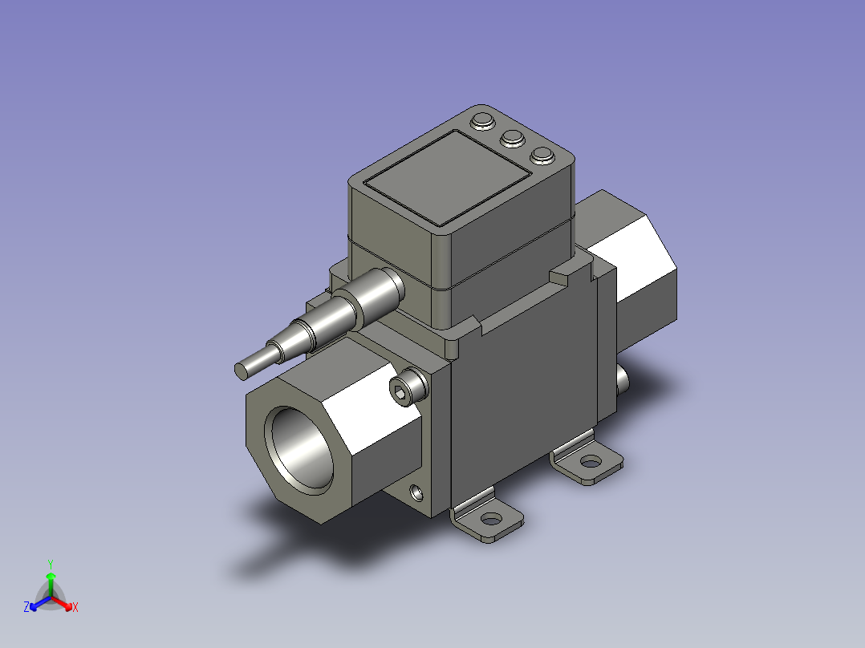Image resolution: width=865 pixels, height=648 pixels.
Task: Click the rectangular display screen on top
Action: tap(448, 177)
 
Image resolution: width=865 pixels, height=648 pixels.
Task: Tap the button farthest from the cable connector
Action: tap(542, 156)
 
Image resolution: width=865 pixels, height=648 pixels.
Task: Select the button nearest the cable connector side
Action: tap(483, 121)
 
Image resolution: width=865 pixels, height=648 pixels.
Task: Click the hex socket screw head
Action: tap(408, 386)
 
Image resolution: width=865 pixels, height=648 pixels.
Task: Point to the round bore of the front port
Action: tap(299, 448)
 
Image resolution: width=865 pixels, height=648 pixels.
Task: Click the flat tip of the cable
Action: tap(241, 371)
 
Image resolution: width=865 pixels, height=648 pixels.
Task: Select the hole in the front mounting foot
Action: tap(491, 519)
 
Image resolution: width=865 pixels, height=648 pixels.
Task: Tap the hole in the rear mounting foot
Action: tap(591, 461)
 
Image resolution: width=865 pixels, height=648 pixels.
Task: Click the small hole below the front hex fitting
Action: tap(417, 492)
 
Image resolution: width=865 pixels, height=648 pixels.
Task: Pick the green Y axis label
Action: tap(51, 564)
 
